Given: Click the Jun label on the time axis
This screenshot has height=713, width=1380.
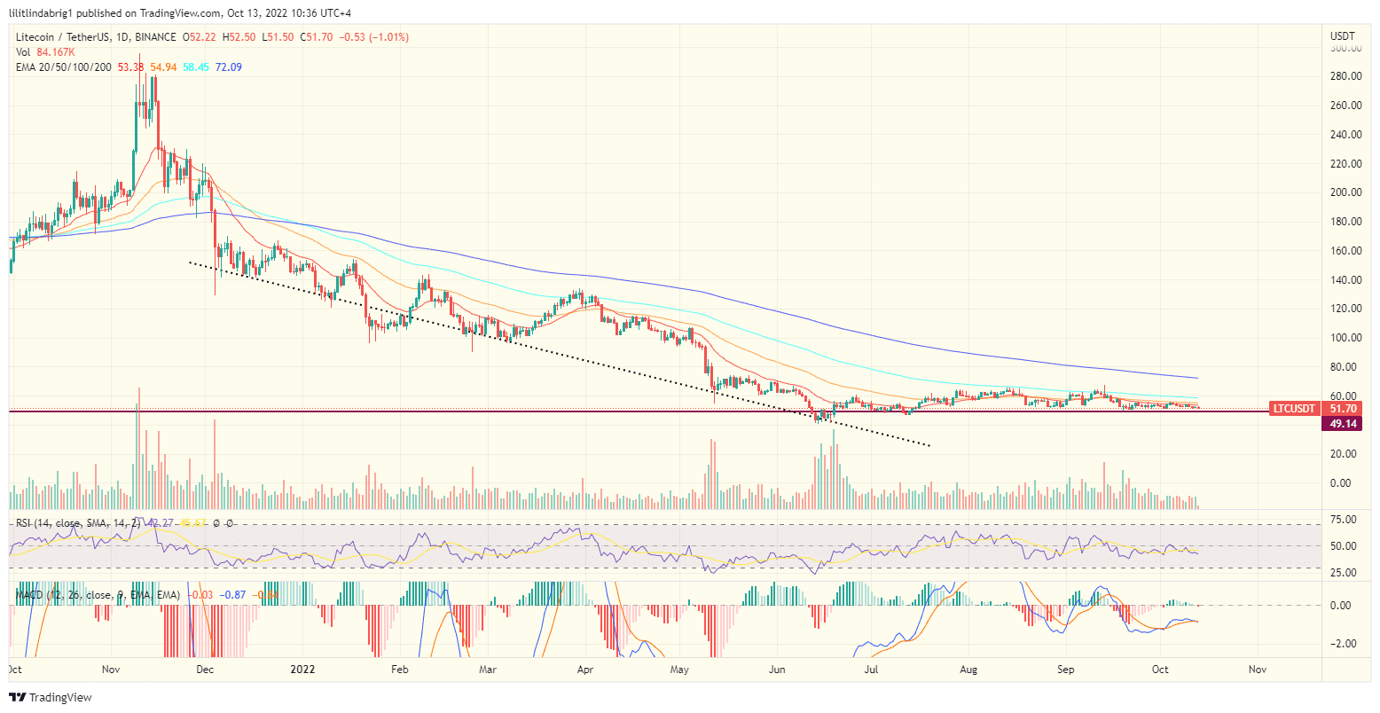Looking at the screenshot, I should tap(778, 669).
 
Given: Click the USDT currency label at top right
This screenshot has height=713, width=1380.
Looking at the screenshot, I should tap(1343, 35).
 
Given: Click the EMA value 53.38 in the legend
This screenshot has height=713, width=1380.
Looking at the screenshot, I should tap(130, 67).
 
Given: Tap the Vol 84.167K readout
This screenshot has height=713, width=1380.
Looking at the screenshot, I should tap(55, 52).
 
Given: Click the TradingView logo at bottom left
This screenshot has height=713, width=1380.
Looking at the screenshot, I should tap(51, 698).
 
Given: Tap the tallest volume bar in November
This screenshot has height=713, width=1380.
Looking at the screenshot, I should tap(138, 443).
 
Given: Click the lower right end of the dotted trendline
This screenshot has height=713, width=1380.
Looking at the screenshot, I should tap(929, 445).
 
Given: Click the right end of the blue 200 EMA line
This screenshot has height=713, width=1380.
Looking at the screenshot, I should tap(1198, 378).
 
